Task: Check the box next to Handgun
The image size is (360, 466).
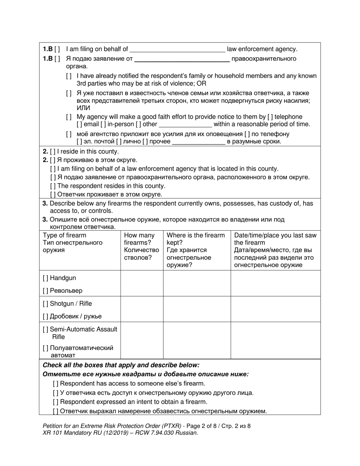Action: click(x=45, y=278)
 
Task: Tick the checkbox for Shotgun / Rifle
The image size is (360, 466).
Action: click(x=45, y=304)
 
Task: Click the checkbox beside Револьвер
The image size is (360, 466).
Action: click(x=45, y=291)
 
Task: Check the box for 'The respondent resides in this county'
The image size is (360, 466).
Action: click(x=53, y=186)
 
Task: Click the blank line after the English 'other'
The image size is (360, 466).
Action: click(x=185, y=125)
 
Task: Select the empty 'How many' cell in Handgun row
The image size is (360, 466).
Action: click(x=142, y=283)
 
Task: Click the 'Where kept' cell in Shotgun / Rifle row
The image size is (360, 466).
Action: click(x=197, y=309)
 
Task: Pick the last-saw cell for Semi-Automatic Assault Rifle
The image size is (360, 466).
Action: click(x=275, y=340)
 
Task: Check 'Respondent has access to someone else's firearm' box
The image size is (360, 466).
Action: click(x=56, y=383)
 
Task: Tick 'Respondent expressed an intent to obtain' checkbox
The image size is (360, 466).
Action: click(x=56, y=402)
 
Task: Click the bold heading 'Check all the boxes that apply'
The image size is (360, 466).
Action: click(x=121, y=365)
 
